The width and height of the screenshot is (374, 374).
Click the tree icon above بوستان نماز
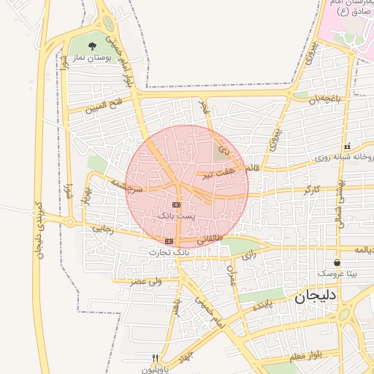coord(93,46)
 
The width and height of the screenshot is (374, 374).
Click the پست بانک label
coord(177,216)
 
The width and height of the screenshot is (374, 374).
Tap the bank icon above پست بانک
coord(177,205)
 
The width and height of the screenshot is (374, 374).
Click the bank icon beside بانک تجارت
coord(169,241)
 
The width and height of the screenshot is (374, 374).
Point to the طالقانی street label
coord(210,238)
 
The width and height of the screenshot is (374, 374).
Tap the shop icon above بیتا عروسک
coord(337,262)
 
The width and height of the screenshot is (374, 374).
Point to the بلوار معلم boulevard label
coord(304,356)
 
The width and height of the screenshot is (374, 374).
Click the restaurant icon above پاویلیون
coord(155,358)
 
